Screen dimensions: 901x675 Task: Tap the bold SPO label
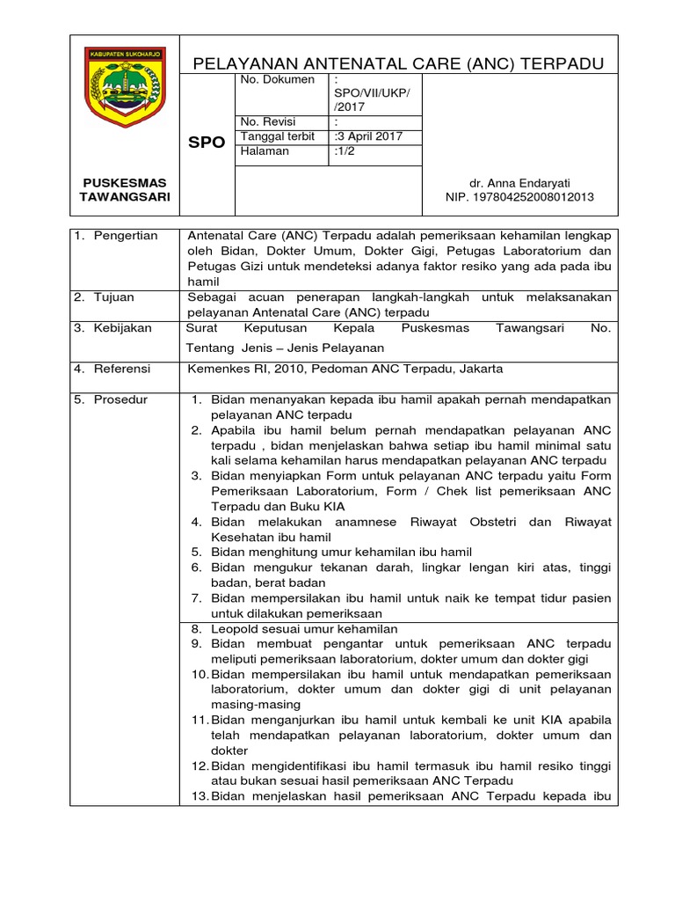207,142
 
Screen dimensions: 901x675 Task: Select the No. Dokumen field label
277,80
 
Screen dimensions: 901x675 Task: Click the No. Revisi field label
268,121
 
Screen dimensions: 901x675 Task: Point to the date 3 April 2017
367,136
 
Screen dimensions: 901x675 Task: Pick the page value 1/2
344,151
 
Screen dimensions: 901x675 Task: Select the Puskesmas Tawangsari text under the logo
124,190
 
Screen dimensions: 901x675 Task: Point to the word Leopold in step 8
233,629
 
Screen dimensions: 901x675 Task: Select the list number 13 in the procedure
199,796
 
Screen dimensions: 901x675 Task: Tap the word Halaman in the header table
265,151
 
